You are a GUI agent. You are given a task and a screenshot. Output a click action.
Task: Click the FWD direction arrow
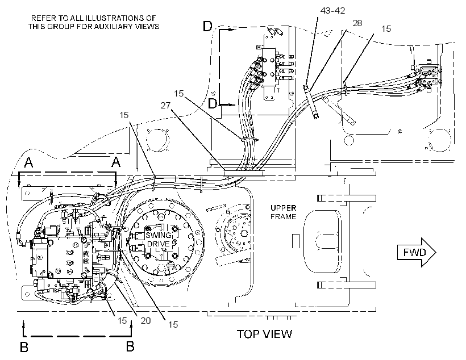click(417, 253)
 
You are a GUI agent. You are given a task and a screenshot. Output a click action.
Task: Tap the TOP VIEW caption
click(264, 334)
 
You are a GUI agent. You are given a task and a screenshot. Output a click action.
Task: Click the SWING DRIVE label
click(159, 240)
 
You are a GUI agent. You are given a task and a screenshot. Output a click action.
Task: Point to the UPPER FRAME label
click(283, 212)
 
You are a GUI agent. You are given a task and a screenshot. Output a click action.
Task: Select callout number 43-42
click(332, 11)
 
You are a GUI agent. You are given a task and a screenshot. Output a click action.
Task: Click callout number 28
click(357, 23)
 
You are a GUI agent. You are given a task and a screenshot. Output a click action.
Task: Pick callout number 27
click(165, 105)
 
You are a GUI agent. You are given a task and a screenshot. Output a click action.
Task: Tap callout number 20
click(145, 320)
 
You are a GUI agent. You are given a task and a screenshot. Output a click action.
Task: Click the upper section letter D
click(207, 27)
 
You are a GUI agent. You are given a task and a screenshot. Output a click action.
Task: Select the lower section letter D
click(213, 104)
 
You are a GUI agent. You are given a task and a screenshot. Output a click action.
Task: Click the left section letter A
click(28, 162)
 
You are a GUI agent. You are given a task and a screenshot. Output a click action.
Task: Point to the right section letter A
click(115, 162)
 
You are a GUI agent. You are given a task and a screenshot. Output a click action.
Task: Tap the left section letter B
click(24, 347)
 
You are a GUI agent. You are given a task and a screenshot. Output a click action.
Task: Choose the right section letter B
click(130, 347)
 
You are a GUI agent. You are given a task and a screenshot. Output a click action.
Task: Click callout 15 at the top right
click(386, 29)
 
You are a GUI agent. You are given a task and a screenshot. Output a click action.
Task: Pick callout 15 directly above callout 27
click(179, 94)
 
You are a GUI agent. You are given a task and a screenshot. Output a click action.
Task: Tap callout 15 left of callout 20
click(122, 320)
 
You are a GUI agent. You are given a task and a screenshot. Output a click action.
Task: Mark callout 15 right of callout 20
click(173, 324)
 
